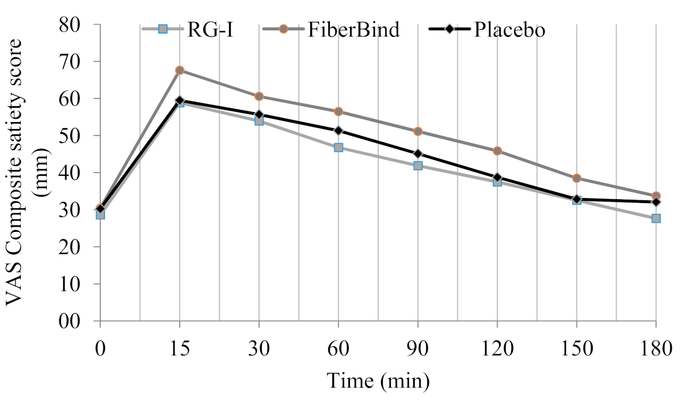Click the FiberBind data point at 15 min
(180, 70)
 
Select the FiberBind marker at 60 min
(339, 112)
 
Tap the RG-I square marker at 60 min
(339, 147)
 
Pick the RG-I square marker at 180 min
(656, 218)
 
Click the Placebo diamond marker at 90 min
(418, 153)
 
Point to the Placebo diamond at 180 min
(656, 202)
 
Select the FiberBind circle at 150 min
(576, 178)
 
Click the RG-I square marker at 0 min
(100, 214)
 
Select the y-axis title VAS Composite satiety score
(22, 171)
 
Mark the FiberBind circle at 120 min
(497, 151)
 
